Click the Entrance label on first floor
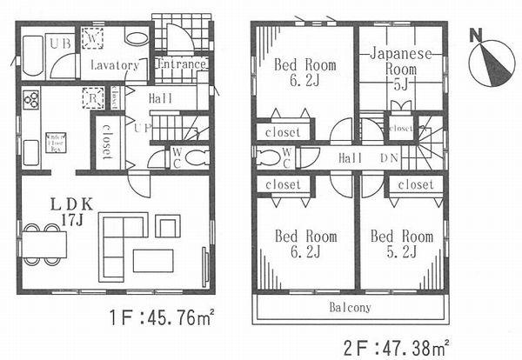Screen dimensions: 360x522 point(180,64)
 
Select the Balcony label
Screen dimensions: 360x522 point(350,308)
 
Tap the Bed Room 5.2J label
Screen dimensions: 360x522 point(401,243)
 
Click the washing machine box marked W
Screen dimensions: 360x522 point(93,37)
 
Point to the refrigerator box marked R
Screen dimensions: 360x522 point(90,98)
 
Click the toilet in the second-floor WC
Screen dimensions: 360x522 point(268,157)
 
